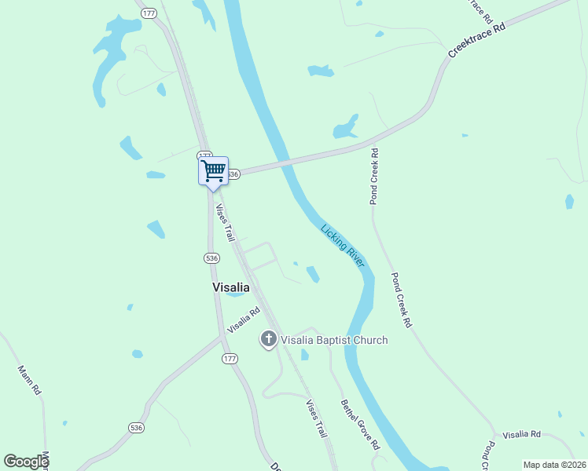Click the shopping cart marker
point(213,171)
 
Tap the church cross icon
point(269,340)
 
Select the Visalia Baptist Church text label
point(334,340)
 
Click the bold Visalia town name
point(231,287)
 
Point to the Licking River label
point(343,246)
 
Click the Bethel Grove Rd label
point(360,425)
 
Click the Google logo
point(26,462)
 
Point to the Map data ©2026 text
point(554,465)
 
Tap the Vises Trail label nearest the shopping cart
point(226,223)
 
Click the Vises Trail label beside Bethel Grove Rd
point(316,418)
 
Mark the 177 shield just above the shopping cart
point(204,155)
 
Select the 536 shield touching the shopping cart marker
point(233,173)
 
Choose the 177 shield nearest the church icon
point(230,359)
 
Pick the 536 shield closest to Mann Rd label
point(137,427)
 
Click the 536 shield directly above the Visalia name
point(211,257)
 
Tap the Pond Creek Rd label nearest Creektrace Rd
point(375,177)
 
